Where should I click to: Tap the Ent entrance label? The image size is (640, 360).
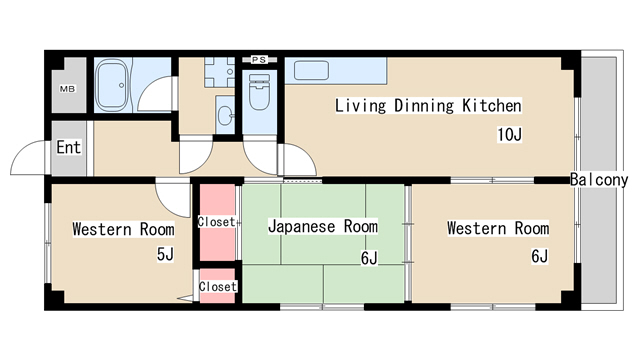tap(68, 148)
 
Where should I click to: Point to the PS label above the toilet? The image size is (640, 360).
tap(258, 60)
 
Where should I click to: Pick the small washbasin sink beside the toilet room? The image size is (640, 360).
tap(224, 115)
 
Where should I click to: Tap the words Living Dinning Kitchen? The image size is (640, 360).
tap(428, 105)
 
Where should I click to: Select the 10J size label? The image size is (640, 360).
tap(510, 134)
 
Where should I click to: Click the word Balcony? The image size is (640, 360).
tap(599, 180)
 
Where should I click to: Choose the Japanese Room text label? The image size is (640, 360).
tap(322, 227)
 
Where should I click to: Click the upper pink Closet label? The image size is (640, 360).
tap(217, 221)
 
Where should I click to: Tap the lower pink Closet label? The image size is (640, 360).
tap(217, 287)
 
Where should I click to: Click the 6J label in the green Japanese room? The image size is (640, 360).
tap(369, 258)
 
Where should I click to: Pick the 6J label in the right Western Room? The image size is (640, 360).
tap(539, 256)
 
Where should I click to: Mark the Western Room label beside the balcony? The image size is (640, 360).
tap(497, 229)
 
